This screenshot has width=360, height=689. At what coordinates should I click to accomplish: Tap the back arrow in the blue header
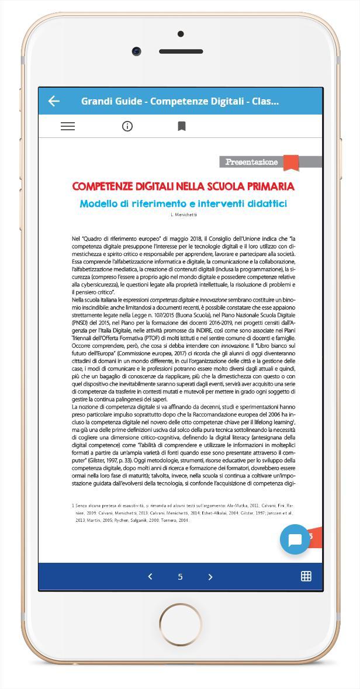click(x=54, y=101)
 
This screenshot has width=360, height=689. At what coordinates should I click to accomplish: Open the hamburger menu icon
click(x=68, y=126)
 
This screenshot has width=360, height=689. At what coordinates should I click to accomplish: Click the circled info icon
click(x=127, y=126)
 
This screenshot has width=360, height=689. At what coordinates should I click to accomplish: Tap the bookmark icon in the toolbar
click(x=182, y=126)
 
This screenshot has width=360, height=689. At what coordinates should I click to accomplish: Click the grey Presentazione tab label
click(x=251, y=162)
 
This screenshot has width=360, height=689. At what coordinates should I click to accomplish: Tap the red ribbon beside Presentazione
click(x=291, y=162)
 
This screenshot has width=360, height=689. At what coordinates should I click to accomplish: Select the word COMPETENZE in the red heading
click(x=103, y=186)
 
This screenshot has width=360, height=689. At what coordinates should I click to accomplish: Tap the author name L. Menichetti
click(x=184, y=215)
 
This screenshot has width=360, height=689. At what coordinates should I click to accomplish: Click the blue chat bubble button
click(x=295, y=539)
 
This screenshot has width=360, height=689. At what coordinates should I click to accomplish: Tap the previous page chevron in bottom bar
click(x=150, y=577)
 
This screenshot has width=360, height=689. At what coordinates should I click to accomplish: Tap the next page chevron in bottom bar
click(x=210, y=577)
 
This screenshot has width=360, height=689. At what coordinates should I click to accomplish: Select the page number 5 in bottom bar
click(x=180, y=577)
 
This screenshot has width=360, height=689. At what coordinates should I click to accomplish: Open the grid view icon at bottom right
click(x=306, y=576)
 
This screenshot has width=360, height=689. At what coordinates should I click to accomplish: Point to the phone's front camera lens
click(x=137, y=51)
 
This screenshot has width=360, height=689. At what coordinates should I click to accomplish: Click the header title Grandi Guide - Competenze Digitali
click(x=180, y=101)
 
